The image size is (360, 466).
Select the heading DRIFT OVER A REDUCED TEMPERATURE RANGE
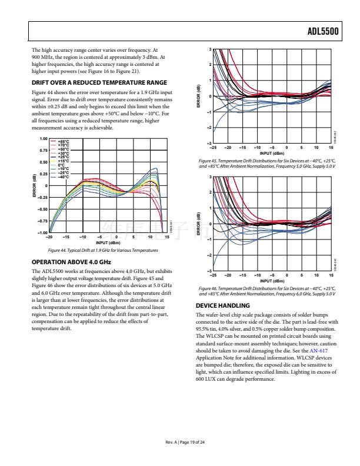coord(99,82)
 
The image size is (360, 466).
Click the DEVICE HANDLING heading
coord(222,305)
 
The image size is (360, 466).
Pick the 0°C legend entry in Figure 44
coord(61,164)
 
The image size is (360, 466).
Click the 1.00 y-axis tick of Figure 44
coord(43,139)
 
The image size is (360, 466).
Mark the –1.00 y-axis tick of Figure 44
coord(42,233)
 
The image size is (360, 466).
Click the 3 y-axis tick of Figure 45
coord(209,49)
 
